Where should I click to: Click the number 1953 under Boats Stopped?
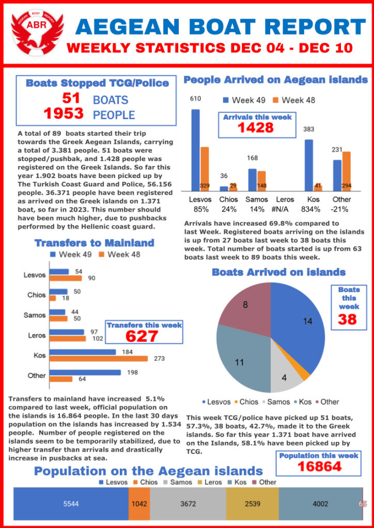pos(64,114)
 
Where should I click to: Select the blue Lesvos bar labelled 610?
pos(195,150)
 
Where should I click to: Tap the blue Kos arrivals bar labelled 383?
pos(308,165)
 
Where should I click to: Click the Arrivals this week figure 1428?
pos(255,127)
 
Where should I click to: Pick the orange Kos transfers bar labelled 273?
pos(98,358)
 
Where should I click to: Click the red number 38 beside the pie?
pos(348,319)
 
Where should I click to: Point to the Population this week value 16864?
pos(319,466)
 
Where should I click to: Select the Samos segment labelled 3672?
pos(188,504)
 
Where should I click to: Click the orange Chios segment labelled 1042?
pos(139,504)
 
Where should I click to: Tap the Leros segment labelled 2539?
pos(252,504)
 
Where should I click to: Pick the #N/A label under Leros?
pos(285,209)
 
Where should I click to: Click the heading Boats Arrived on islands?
pos(279,272)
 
